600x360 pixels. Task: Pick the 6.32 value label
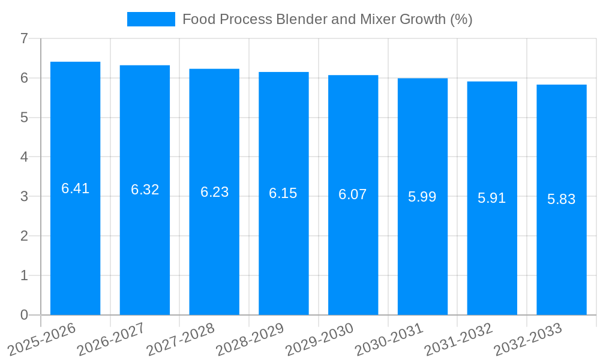145,190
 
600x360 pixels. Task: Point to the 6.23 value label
214,192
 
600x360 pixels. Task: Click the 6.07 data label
353,194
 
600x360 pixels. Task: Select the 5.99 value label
422,197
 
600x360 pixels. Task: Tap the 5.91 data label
492,198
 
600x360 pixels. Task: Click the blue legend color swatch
151,19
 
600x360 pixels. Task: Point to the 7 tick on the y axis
24,38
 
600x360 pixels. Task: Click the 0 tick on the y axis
24,315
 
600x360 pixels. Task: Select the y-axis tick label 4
24,157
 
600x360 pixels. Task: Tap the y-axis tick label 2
24,236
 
